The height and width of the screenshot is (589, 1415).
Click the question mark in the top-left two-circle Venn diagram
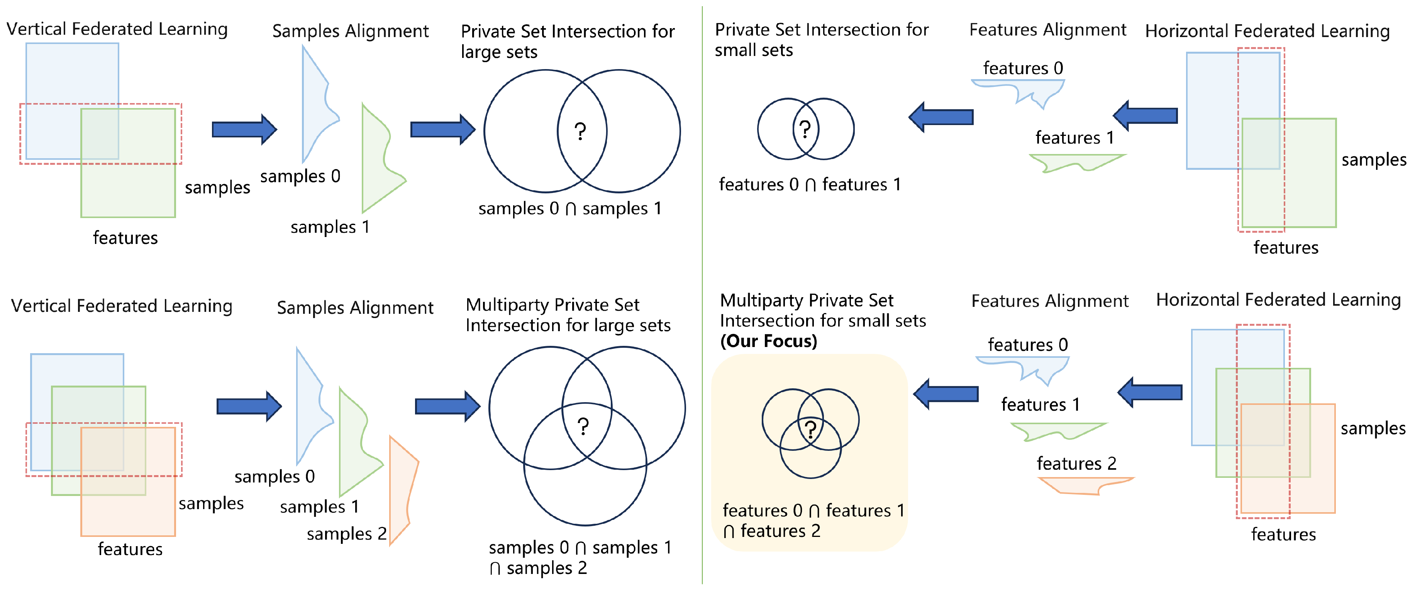(x=580, y=131)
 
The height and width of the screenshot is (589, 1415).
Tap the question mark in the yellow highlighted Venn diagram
(x=810, y=429)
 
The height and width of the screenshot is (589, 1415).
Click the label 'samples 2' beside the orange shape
(x=346, y=533)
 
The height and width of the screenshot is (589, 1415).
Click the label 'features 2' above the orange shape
(x=1076, y=463)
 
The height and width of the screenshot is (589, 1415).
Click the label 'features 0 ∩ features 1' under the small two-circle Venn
(x=810, y=184)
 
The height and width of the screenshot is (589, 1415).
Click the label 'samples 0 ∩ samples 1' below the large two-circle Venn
(x=569, y=208)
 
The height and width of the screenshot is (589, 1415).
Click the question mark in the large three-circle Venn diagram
(x=583, y=427)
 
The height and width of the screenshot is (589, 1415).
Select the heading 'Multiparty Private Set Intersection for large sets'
(x=568, y=315)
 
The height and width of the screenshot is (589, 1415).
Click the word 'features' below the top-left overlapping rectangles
(x=125, y=238)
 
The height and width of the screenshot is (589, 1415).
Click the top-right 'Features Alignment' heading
(x=1047, y=30)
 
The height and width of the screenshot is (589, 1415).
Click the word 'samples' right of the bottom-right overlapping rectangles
(x=1372, y=428)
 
